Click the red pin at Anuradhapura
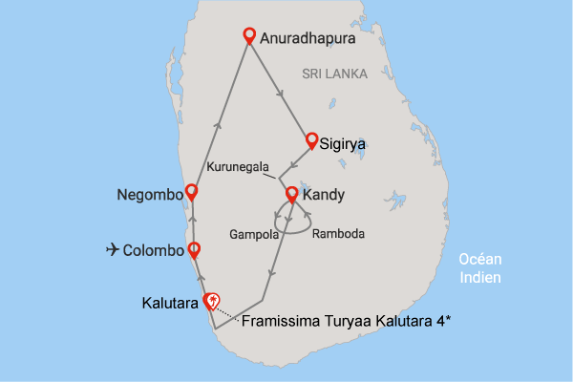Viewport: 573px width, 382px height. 249,36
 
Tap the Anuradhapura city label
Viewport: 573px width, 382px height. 309,40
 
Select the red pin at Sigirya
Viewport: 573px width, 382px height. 311,140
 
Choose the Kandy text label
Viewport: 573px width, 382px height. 323,197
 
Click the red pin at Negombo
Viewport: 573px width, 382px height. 191,191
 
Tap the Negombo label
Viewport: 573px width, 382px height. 148,196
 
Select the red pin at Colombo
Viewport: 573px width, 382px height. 194,250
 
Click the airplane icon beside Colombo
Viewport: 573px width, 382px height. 114,250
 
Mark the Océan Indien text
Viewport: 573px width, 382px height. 480,268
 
